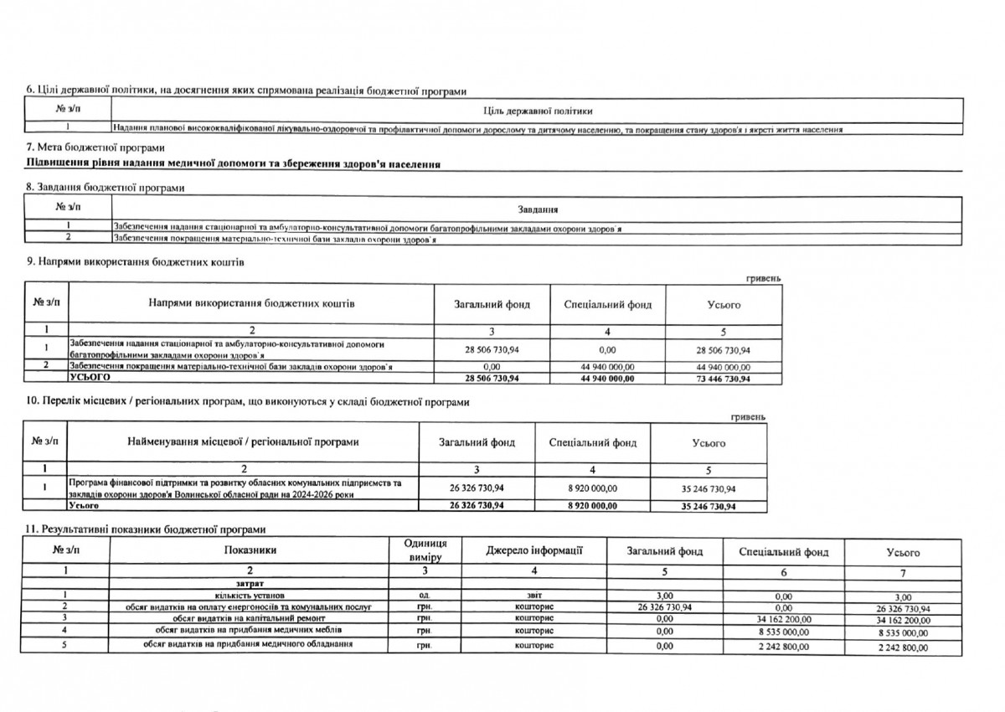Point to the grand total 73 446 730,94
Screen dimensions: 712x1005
point(724,379)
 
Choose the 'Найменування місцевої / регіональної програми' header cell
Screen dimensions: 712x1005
point(243,442)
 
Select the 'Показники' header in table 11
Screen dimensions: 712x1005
point(250,550)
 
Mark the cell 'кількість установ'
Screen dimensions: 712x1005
point(250,595)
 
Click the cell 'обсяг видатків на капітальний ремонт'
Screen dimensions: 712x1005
point(250,618)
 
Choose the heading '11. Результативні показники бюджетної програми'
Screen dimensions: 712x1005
point(147,529)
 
